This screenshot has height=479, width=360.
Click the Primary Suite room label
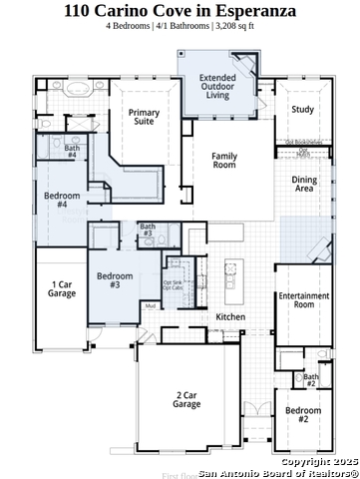coord(144,119)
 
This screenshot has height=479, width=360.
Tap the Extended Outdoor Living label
coord(217,86)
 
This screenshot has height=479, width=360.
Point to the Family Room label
coord(223,162)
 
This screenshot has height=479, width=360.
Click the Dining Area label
coord(304,184)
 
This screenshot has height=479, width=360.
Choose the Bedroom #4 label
coord(62,200)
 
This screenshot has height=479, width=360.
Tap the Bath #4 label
coord(72,152)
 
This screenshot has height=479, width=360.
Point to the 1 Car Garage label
coord(62,289)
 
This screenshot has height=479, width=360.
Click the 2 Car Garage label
coord(186,399)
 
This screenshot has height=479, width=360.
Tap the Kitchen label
coord(230,317)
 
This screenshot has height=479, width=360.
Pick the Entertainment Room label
coord(304,299)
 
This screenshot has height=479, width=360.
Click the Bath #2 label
coord(310,379)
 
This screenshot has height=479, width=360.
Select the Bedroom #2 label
coord(303,415)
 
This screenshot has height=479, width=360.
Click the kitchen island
coord(233,284)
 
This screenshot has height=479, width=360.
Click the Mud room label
coord(150,306)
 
